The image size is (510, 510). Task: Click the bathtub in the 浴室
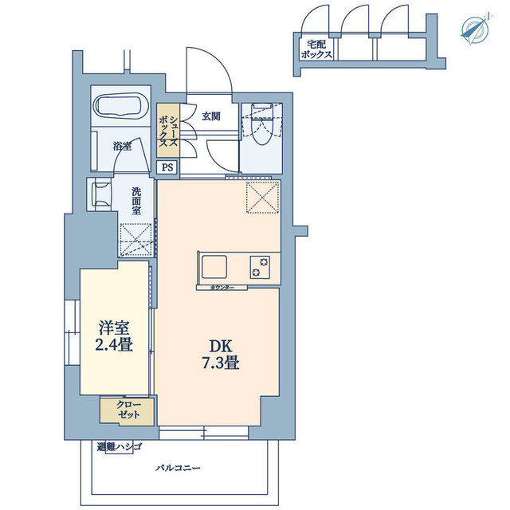coord(120,106)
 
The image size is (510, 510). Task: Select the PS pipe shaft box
coord(167,167)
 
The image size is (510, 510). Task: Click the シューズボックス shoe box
coord(168,130)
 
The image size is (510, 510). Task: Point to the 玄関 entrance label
coord(211,116)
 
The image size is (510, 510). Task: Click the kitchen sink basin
coord(214,267)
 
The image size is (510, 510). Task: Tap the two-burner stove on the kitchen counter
coord(260,267)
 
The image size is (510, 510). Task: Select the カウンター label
coord(222,288)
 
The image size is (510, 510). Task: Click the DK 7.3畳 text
coord(222,355)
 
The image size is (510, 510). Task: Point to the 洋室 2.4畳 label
coord(114,336)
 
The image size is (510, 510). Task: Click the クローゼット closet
coord(127,411)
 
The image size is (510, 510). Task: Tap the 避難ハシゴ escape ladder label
coord(120,446)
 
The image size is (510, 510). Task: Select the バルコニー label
coord(178,469)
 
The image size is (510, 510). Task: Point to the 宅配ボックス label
coord(316,49)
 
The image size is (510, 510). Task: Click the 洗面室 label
coord(136,201)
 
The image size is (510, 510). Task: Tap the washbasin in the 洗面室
coord(102,194)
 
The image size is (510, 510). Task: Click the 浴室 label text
coord(122,147)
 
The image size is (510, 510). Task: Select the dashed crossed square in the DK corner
coord(263,198)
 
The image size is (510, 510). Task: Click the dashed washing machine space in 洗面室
coord(136,239)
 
